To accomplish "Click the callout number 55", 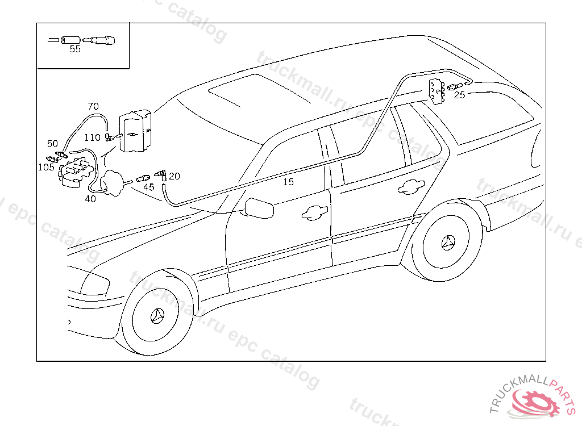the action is click(75, 49).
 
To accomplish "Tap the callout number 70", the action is click(93, 106).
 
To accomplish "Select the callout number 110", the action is click(92, 137).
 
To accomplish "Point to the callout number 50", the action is click(52, 144).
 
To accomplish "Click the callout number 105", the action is click(47, 166).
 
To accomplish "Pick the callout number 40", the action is click(90, 198).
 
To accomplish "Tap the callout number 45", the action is click(148, 187).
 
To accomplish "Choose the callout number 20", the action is click(174, 176).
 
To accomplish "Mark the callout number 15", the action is click(289, 182).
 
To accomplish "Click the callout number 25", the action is click(459, 95).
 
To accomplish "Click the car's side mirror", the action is click(259, 208).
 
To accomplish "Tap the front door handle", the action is click(315, 212).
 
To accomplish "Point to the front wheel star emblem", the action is click(157, 317).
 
